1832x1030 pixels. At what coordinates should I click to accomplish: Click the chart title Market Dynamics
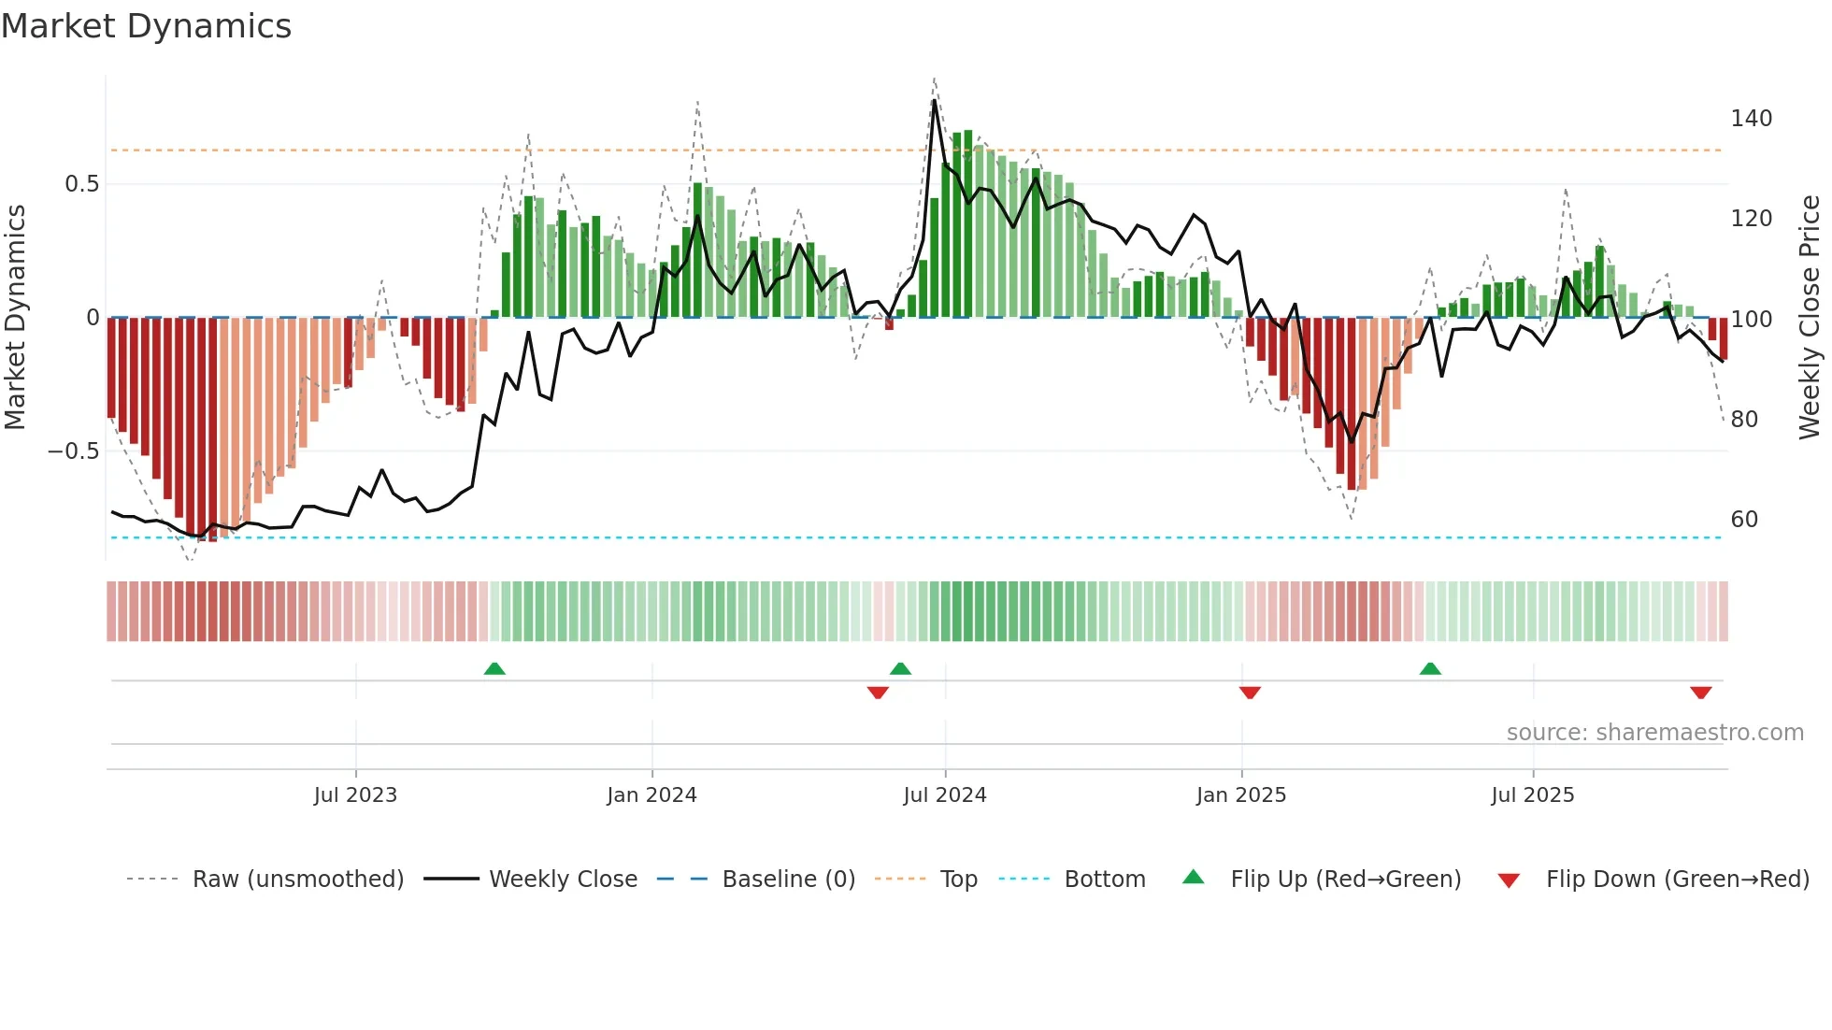(147, 26)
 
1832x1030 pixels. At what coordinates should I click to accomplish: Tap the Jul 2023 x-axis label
(355, 795)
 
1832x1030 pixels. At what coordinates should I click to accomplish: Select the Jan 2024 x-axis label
(651, 795)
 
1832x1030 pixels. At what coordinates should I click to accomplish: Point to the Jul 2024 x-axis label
(945, 795)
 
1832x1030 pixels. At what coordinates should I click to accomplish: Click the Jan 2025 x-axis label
(1241, 795)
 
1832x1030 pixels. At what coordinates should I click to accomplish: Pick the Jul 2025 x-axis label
(1533, 795)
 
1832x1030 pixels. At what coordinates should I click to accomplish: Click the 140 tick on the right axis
(1752, 119)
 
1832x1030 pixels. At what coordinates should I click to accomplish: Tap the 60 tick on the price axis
(1744, 520)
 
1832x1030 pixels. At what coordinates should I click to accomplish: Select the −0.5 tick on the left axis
(74, 451)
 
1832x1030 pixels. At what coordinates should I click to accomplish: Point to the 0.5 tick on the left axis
(82, 184)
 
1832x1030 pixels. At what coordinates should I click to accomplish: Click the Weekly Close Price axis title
(1811, 318)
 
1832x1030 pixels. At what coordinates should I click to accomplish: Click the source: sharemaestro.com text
(1655, 733)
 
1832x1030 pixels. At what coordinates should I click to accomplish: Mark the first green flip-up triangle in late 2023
(494, 668)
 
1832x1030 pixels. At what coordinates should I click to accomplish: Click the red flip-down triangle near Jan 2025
(1250, 693)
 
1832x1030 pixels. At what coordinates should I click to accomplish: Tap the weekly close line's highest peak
(935, 101)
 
